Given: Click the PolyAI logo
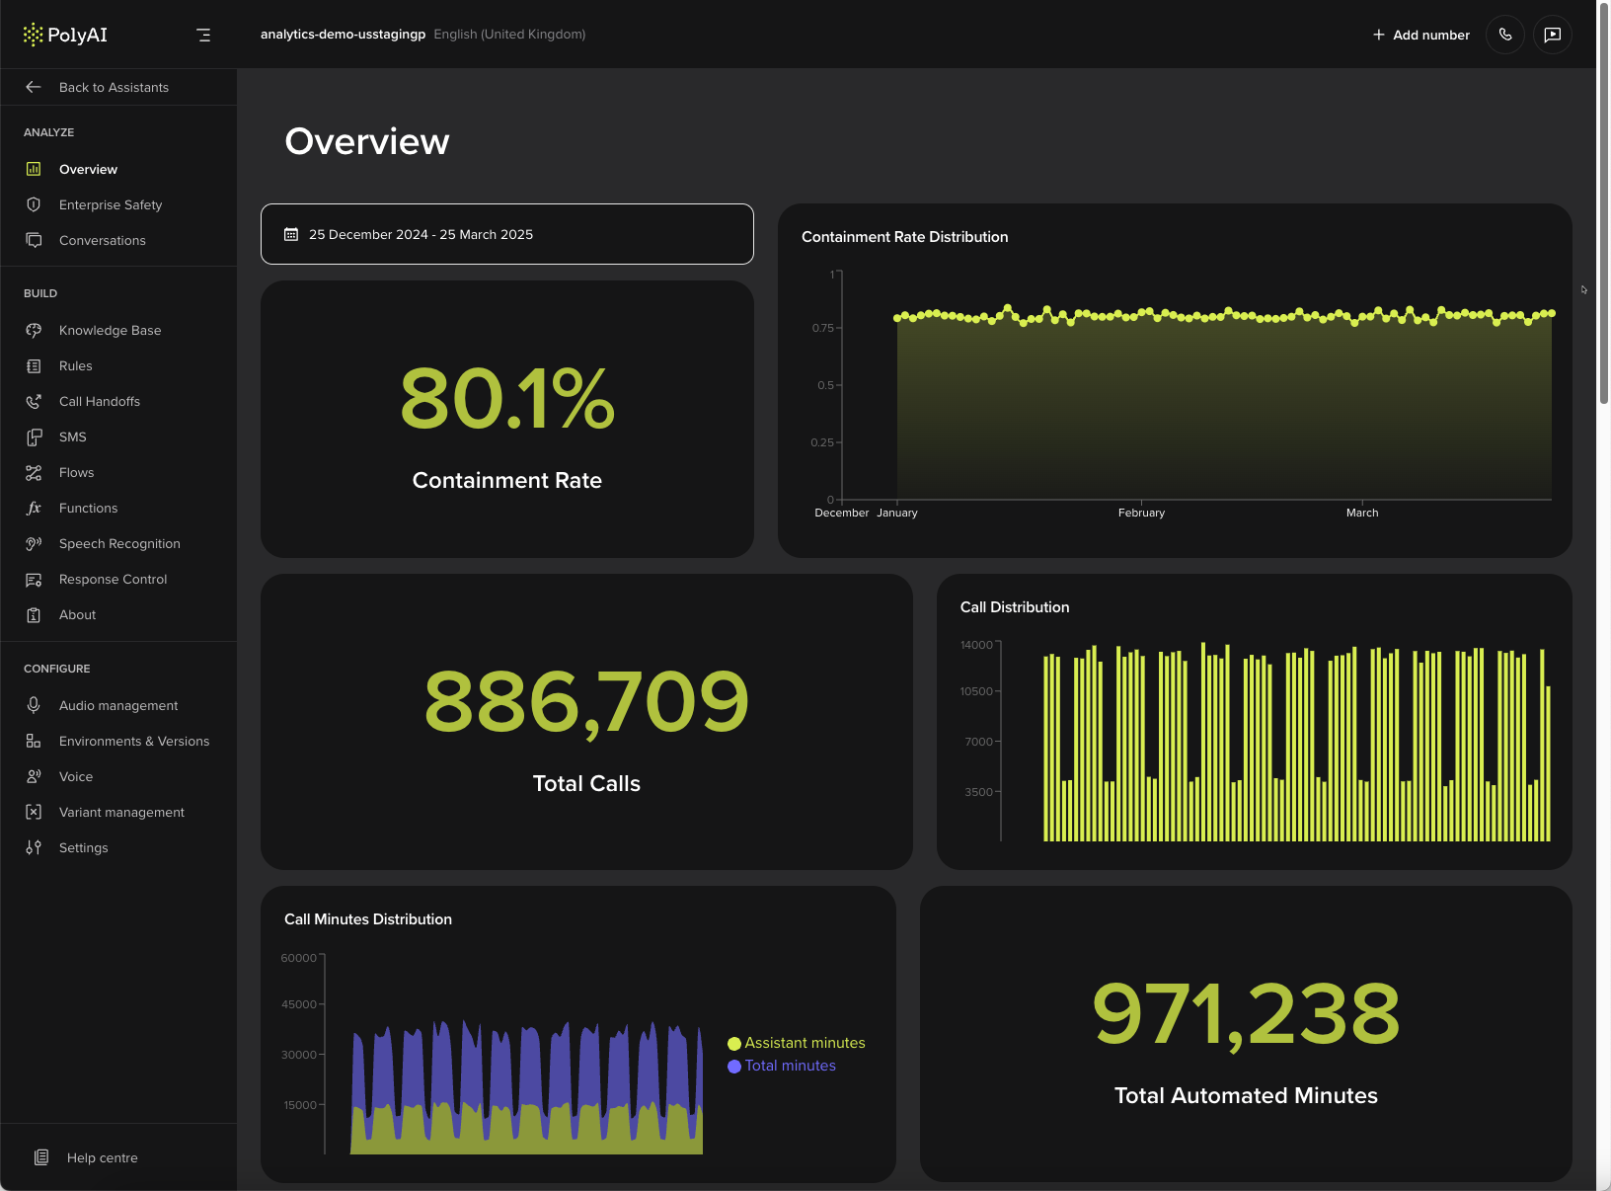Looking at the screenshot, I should [x=65, y=35].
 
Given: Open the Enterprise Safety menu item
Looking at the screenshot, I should [x=110, y=204].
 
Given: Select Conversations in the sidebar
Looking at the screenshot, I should [x=102, y=240].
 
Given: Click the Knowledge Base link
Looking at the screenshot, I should [x=110, y=330].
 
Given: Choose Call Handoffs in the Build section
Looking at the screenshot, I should [x=99, y=401].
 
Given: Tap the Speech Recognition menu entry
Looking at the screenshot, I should [x=119, y=543].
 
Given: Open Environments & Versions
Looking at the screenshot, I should [x=133, y=741].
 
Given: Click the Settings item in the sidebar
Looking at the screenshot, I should [x=83, y=847].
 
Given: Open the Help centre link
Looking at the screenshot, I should [x=102, y=1157].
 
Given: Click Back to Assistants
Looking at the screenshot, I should [x=113, y=87].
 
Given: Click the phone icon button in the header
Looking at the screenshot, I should [x=1504, y=35].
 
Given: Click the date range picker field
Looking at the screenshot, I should [x=506, y=234].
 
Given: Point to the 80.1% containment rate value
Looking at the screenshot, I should [x=506, y=398].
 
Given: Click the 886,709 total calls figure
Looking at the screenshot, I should [x=586, y=701].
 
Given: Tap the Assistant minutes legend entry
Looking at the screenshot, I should [x=804, y=1043].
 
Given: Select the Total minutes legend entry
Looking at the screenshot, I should [x=789, y=1066].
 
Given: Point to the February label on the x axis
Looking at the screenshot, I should [x=1141, y=513].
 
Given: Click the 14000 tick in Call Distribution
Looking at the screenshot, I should [x=976, y=645].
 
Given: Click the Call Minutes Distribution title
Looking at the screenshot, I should [x=368, y=919].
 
